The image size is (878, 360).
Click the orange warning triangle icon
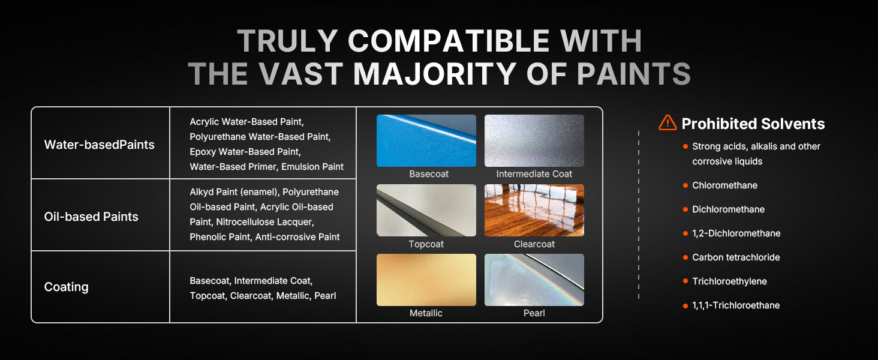[667, 123]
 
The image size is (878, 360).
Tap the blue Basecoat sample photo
[426, 140]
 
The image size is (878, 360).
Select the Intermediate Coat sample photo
[534, 140]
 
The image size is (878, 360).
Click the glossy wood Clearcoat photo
[534, 210]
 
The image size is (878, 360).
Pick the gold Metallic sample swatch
[426, 280]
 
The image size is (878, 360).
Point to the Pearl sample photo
[534, 280]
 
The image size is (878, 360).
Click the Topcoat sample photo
[426, 210]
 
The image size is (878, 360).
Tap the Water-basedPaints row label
[99, 145]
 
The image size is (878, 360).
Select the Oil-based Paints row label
[91, 217]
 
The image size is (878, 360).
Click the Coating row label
[66, 287]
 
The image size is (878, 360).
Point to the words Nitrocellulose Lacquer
[264, 222]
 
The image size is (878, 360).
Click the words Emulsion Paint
[312, 167]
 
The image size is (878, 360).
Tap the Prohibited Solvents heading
[753, 124]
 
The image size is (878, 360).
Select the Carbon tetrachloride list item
[736, 257]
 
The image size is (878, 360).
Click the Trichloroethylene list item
[729, 281]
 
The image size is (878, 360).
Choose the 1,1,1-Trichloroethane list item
[736, 305]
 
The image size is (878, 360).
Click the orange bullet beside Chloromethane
[685, 185]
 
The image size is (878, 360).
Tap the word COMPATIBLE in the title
[449, 41]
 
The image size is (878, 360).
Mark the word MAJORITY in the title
[435, 74]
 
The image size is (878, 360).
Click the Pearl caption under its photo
[534, 313]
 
